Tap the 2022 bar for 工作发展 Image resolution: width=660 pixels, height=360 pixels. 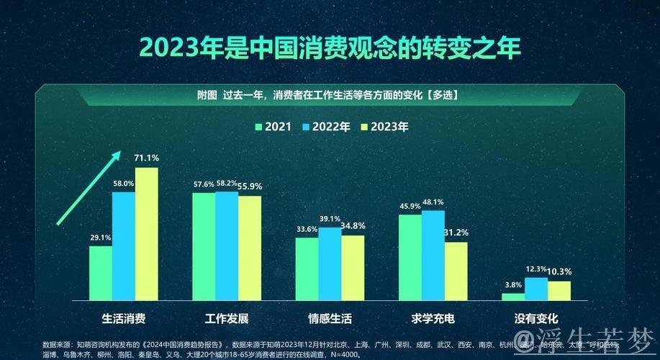pyautogui.click(x=227, y=246)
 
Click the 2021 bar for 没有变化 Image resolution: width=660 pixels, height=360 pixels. pyautogui.click(x=513, y=296)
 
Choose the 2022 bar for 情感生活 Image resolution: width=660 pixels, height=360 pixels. pyautogui.click(x=330, y=264)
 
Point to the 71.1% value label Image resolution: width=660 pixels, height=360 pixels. pyautogui.click(x=146, y=158)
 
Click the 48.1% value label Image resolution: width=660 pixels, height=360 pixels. pyautogui.click(x=433, y=202)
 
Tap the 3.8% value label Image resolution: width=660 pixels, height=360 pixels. pyautogui.click(x=512, y=285)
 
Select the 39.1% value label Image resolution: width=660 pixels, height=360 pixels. pyautogui.click(x=330, y=219)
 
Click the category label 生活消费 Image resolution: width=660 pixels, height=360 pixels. pyautogui.click(x=124, y=318)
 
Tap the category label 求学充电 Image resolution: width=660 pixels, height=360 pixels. pyautogui.click(x=433, y=318)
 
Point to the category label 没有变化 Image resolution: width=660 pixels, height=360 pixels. pyautogui.click(x=536, y=318)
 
